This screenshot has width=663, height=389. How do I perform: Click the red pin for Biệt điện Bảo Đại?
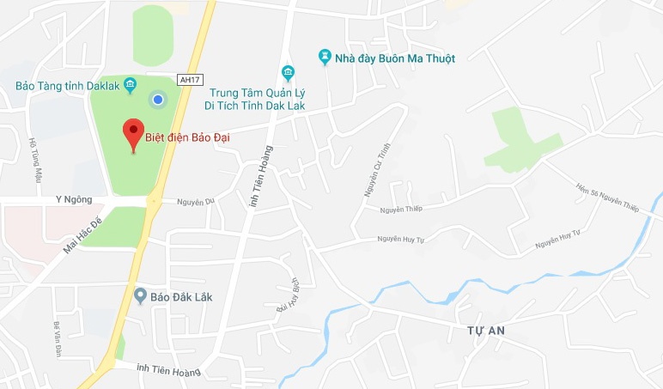click(x=132, y=134)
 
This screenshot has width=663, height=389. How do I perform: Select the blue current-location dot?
click(x=157, y=100)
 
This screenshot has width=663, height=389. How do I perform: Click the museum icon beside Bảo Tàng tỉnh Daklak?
click(x=130, y=84)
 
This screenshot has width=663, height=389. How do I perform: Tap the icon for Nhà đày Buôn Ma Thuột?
click(x=325, y=58)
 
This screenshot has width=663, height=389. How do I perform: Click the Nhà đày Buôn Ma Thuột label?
click(x=396, y=58)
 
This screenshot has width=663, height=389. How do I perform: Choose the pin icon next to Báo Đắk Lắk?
click(x=140, y=296)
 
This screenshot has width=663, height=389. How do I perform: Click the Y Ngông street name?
click(x=73, y=199)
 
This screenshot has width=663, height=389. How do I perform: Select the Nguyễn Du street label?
click(x=195, y=202)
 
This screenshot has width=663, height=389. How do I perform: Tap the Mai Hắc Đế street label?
click(x=82, y=235)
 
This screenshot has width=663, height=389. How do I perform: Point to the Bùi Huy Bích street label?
click(x=286, y=293)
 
